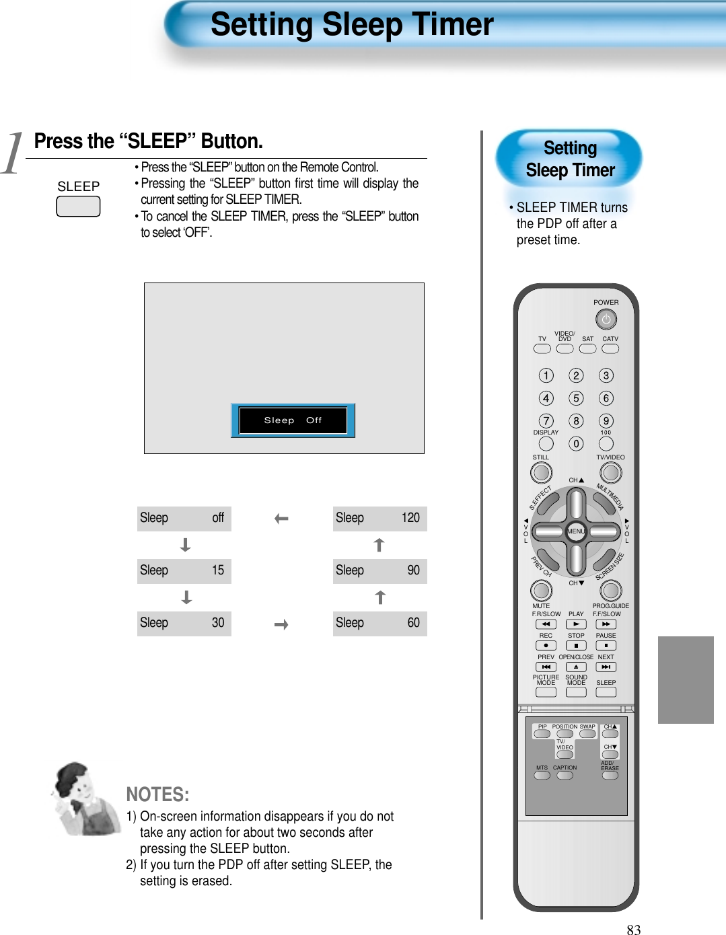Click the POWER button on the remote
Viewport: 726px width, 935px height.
606,319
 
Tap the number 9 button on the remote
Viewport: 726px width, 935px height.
606,421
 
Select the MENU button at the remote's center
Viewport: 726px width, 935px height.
576,531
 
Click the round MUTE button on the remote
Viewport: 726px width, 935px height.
541,590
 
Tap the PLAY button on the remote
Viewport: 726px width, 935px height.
576,624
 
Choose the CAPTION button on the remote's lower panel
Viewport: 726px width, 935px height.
565,776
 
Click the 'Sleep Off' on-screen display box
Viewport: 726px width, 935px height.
293,420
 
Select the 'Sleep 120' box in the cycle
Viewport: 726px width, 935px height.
379,518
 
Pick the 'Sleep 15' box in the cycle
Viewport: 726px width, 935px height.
184,570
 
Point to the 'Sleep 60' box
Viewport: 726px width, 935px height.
379,623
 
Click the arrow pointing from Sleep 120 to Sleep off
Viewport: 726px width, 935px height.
281,519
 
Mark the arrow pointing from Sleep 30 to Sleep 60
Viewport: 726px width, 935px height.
281,625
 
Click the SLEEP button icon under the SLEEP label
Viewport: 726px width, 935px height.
78,207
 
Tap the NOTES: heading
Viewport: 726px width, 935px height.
157,794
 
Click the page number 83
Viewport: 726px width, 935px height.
633,929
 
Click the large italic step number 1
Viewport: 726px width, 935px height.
12,153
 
